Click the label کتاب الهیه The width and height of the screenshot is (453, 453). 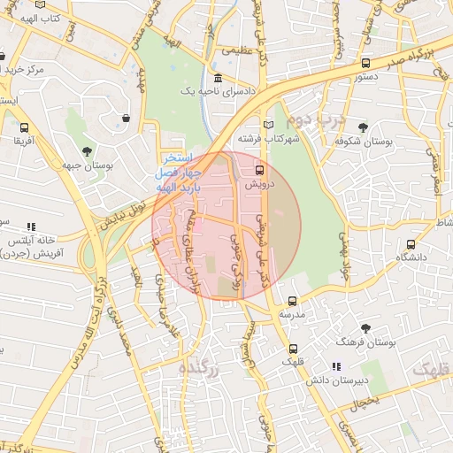(40, 18)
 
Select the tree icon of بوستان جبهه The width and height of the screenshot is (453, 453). (86, 152)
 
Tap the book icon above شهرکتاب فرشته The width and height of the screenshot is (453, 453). (269, 124)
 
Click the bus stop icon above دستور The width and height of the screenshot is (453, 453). (365, 64)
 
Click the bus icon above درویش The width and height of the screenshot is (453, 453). (259, 169)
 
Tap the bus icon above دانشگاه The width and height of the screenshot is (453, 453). (411, 244)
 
